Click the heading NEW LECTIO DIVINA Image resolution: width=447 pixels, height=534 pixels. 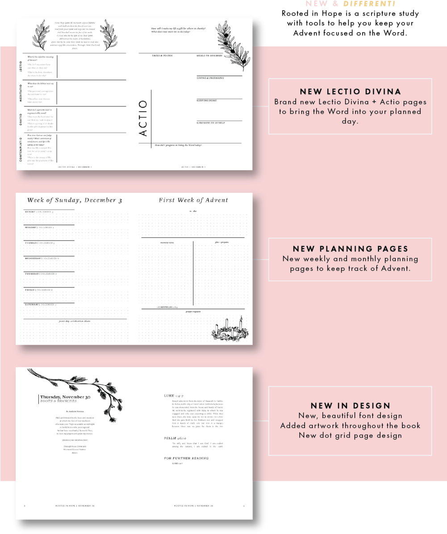coord(350,92)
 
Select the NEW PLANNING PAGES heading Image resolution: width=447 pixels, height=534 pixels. coord(350,249)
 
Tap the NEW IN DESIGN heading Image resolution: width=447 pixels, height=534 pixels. coord(350,405)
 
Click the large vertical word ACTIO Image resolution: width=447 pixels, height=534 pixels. coord(143,118)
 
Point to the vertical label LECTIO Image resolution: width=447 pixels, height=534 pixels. coord(21,67)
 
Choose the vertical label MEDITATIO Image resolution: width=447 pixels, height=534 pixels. coord(21,93)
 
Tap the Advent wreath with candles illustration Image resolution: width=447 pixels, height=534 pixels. coord(228,330)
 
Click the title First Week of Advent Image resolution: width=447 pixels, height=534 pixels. coord(193,200)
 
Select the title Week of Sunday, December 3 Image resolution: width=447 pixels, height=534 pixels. coord(75,200)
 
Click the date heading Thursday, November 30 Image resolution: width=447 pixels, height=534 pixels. coord(65,396)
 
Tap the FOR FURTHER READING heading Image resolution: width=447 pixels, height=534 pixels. coord(186,458)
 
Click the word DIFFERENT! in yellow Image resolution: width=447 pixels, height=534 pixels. coord(369,4)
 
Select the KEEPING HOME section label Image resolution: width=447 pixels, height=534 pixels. coord(206,100)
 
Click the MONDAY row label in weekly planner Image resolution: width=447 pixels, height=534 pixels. coord(31,227)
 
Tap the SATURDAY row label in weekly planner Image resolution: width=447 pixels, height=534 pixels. coord(32,304)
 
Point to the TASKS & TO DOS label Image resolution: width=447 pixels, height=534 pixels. coord(163,56)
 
